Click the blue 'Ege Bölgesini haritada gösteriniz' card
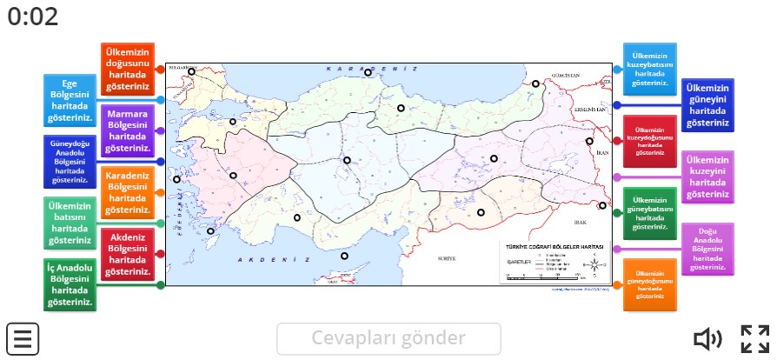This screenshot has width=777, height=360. pos(70,99)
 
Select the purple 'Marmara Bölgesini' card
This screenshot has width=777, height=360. pos(127,130)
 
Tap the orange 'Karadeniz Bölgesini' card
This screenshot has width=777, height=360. pos(127,191)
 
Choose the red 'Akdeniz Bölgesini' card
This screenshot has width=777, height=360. pos(127,253)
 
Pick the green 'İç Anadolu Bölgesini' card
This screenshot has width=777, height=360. pos(70,284)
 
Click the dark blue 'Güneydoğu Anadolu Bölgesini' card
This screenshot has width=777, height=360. pos(70,161)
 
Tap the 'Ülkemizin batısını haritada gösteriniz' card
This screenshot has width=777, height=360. pos(70,223)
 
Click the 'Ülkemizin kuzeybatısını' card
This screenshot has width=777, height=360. pos(649,69)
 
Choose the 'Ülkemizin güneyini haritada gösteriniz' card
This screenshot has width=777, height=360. pos(707,105)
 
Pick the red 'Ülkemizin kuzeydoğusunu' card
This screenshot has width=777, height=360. pos(649,141)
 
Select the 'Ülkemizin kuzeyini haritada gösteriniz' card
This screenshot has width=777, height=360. pos(707,177)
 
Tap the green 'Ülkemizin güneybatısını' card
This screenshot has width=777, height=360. pos(649,212)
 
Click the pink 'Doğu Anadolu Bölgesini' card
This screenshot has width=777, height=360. pos(707,249)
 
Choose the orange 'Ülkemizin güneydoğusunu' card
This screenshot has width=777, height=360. pos(649,284)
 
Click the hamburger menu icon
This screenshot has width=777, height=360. pos(23,337)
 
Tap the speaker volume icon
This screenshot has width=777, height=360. pos(707,338)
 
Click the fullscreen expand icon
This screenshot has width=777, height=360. pos(754,338)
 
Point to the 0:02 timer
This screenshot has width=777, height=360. pos(33,17)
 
